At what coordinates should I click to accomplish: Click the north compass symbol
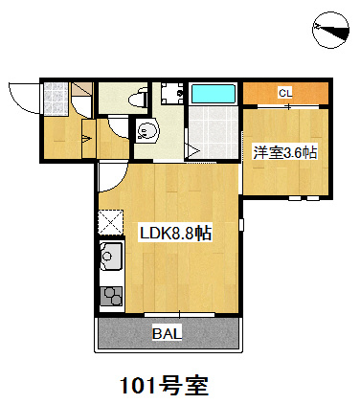tap(330, 30)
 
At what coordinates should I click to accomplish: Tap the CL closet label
tap(285, 93)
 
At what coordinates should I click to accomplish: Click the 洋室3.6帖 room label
tap(285, 152)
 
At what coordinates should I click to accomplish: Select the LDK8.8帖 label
tap(175, 234)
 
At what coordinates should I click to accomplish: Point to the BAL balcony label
tap(167, 333)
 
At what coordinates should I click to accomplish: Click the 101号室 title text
tap(164, 386)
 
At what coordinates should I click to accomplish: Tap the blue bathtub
tap(213, 94)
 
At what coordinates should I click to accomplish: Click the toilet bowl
tap(138, 99)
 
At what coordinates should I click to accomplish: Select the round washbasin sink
tap(146, 130)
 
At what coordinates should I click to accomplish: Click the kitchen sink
tap(111, 257)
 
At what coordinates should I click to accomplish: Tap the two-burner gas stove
tap(111, 297)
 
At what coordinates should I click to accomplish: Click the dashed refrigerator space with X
tap(111, 222)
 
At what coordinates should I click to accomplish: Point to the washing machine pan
tap(172, 94)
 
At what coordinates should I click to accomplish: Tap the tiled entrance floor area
tap(56, 99)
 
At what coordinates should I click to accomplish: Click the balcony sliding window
tap(179, 315)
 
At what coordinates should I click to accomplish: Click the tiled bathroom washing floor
tap(214, 132)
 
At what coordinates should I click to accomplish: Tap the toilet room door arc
tap(118, 128)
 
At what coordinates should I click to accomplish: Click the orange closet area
tap(286, 93)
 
